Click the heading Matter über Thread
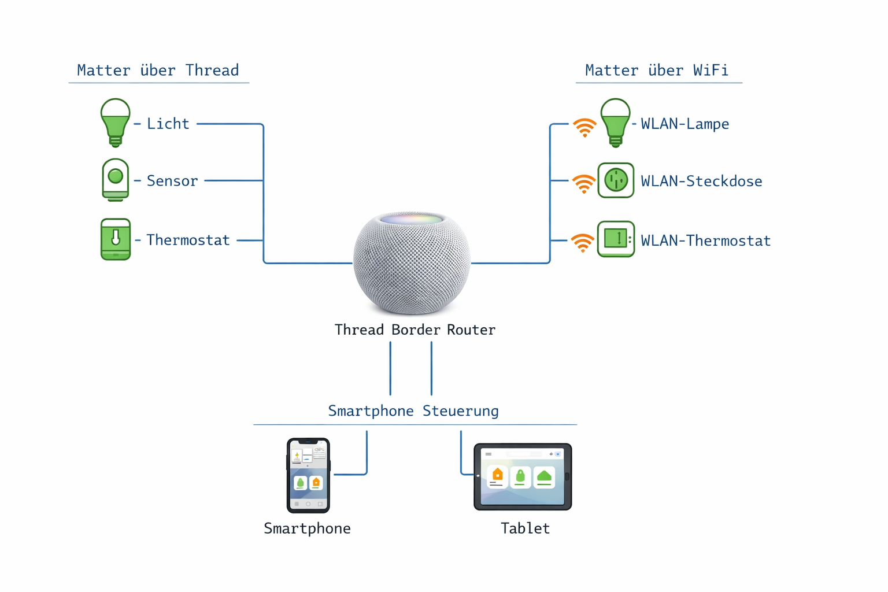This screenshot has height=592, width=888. pyautogui.click(x=158, y=71)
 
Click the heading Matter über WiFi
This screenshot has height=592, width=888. pyautogui.click(x=656, y=71)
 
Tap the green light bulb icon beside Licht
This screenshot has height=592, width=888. pyautogui.click(x=115, y=121)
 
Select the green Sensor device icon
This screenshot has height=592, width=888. pyautogui.click(x=115, y=180)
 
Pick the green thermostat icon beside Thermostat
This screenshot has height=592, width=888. pyautogui.click(x=116, y=239)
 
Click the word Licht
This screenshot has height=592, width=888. pyautogui.click(x=168, y=124)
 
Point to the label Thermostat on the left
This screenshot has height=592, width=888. pyautogui.click(x=188, y=240)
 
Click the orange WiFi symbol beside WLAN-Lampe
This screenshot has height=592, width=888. pyautogui.click(x=584, y=127)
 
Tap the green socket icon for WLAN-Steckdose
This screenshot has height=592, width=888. pyautogui.click(x=616, y=180)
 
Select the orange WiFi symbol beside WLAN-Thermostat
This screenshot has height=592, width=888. pyautogui.click(x=582, y=243)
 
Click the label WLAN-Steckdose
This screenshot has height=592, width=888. pyautogui.click(x=701, y=182)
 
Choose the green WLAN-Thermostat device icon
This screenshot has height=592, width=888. pyautogui.click(x=616, y=239)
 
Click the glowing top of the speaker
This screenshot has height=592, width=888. pyautogui.click(x=412, y=219)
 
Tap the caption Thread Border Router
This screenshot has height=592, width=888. pyautogui.click(x=415, y=330)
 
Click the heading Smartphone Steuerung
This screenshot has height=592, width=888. pyautogui.click(x=413, y=411)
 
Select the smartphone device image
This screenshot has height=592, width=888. pyautogui.click(x=308, y=475)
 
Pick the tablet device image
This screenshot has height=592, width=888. pyautogui.click(x=523, y=477)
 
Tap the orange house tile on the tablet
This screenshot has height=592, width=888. pyautogui.click(x=497, y=476)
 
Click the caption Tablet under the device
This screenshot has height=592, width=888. pyautogui.click(x=525, y=528)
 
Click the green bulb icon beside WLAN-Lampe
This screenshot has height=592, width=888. pyautogui.click(x=615, y=121)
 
